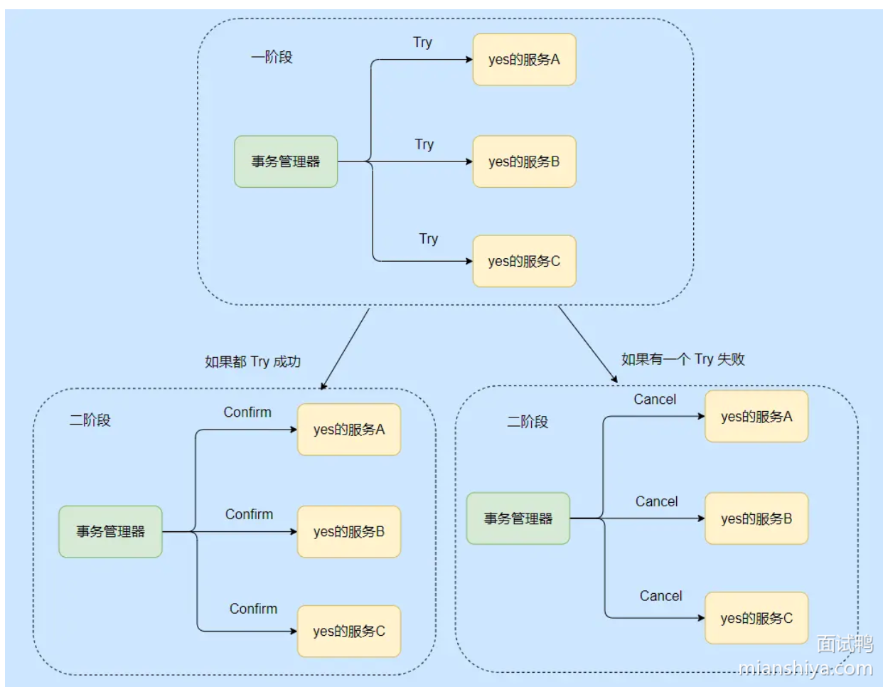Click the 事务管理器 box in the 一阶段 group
pos(286,161)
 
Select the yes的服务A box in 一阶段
pos(524,60)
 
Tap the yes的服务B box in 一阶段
pos(524,161)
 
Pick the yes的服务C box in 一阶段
pos(524,261)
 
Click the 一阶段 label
pos(272,57)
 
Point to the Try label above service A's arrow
pos(422,43)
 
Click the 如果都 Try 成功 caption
pos(252,362)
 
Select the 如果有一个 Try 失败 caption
pos(683,359)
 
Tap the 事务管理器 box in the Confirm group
pos(110,531)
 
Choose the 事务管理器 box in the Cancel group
pos(518,518)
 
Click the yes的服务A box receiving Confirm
pos(348,430)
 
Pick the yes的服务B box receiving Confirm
pos(348,531)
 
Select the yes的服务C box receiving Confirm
pos(348,631)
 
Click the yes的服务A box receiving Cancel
pos(756,417)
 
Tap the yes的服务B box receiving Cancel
pos(756,518)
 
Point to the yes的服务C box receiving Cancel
pos(756,618)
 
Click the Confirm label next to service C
pos(253,609)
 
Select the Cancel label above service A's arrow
pos(655,400)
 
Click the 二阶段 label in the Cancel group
pos(528,422)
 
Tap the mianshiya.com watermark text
pos(805,669)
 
